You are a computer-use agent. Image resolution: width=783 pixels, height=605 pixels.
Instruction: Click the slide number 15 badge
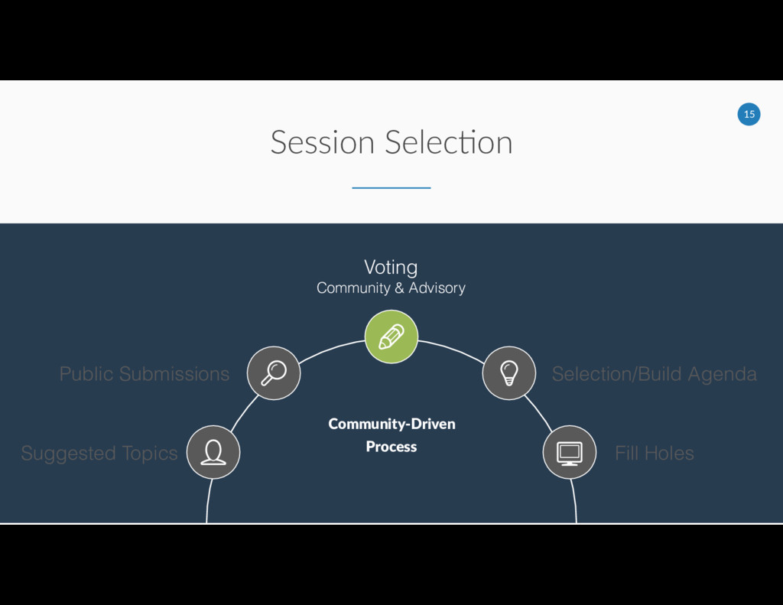coord(749,115)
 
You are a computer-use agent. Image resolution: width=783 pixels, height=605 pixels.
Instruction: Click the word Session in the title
coord(322,142)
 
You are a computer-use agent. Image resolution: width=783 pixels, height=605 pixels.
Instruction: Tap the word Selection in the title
coord(448,142)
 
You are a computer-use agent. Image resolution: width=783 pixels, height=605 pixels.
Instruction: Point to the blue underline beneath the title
coord(391,187)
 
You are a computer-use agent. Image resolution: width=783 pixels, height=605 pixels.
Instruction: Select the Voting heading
coord(391,267)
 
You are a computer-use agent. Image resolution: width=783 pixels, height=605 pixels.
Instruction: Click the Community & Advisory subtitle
coord(391,288)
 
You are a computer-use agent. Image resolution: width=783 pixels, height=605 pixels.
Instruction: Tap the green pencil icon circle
coord(391,337)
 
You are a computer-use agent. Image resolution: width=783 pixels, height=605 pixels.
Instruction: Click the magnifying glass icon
coord(274,373)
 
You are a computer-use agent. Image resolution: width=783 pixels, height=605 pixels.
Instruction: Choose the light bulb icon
coord(508,373)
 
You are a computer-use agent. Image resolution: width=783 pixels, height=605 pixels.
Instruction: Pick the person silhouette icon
coord(213,452)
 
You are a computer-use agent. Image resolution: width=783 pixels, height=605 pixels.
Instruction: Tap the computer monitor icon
coord(569,452)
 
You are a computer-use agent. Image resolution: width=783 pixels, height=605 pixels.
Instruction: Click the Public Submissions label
coord(145,374)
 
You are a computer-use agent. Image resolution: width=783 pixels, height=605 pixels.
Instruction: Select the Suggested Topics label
coord(99,454)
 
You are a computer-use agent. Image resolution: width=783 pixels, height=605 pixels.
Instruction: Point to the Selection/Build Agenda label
coord(654,374)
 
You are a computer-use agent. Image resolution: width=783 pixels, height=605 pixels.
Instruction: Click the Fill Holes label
coord(654,454)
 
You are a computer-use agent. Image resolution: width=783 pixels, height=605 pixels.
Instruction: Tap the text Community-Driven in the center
coord(391,424)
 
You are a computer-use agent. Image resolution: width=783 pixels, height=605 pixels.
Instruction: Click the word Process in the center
coord(391,447)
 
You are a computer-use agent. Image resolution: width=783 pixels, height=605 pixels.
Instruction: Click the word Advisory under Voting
coord(437,288)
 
